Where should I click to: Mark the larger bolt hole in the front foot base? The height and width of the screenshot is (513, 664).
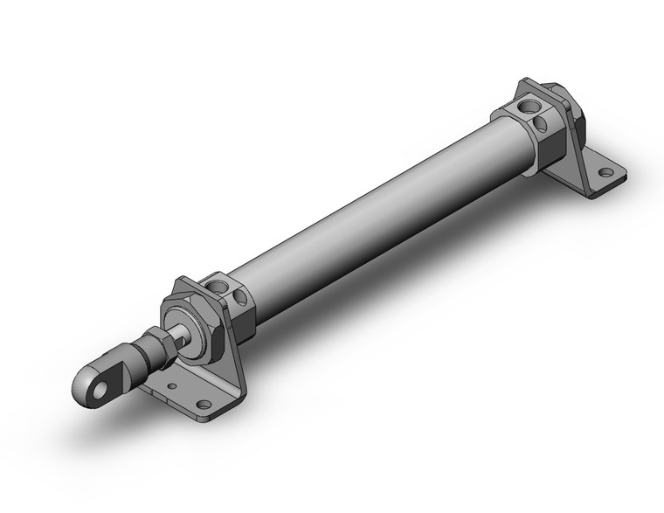[204, 405]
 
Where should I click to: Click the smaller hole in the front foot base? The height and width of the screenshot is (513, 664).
[173, 386]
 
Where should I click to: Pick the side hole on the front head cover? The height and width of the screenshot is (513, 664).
[240, 298]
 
